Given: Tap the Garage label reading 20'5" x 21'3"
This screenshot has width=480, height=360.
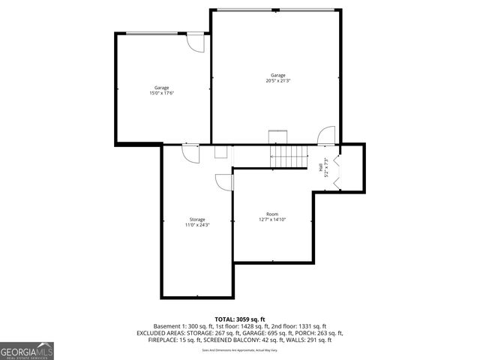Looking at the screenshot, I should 277,78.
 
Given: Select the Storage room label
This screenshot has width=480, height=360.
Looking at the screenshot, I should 196,222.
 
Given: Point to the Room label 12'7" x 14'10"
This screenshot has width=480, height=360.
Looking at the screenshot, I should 271,217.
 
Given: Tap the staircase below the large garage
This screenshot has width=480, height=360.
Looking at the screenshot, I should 289,156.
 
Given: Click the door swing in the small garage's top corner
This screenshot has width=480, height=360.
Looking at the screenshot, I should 195,43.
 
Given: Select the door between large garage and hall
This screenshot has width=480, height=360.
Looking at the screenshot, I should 326,136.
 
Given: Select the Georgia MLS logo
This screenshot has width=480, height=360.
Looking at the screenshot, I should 27,350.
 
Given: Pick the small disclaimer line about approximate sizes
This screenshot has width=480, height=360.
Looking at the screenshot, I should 240,349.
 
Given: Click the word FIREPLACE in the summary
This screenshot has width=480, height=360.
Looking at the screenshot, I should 154,340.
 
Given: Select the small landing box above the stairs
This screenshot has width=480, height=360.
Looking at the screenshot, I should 278,136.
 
